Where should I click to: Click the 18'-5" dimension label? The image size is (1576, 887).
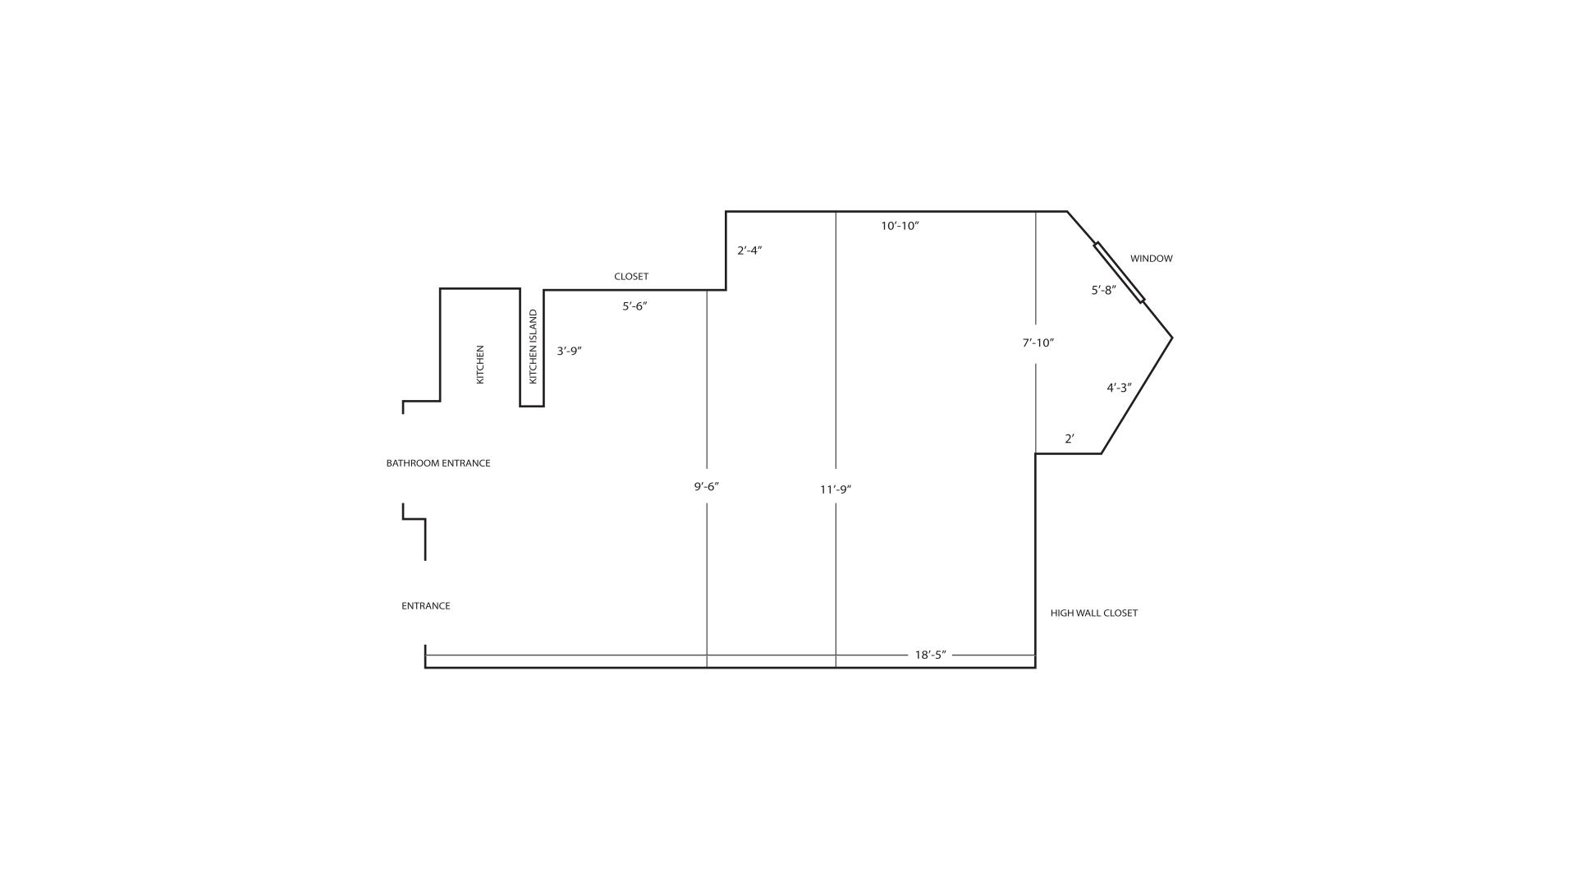click(930, 655)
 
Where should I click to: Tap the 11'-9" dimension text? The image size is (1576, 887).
click(836, 489)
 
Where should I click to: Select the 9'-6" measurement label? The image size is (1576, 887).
click(706, 486)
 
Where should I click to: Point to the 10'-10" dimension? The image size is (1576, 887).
click(900, 226)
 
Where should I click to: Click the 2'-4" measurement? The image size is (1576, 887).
click(749, 250)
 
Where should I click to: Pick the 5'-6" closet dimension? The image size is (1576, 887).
click(635, 306)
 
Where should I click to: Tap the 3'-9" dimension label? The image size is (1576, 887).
click(569, 351)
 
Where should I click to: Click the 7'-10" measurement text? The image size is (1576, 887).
click(1038, 343)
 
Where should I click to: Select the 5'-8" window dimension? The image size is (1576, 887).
click(1103, 290)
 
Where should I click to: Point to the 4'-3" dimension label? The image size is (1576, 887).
click(1119, 388)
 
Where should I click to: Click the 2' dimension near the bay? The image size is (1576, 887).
click(1069, 439)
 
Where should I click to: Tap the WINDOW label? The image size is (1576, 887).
click(1151, 259)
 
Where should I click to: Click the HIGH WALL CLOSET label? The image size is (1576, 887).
click(1093, 614)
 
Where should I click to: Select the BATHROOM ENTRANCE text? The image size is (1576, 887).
click(438, 463)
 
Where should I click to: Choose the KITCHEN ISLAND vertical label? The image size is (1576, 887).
click(533, 347)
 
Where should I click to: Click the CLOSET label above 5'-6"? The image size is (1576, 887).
click(631, 277)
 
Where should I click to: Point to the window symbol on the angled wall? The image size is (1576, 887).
click(1119, 273)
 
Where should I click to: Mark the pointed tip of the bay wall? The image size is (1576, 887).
click(1171, 338)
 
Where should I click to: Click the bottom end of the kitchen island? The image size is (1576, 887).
click(531, 405)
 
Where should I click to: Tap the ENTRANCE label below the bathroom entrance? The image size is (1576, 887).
click(425, 606)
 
